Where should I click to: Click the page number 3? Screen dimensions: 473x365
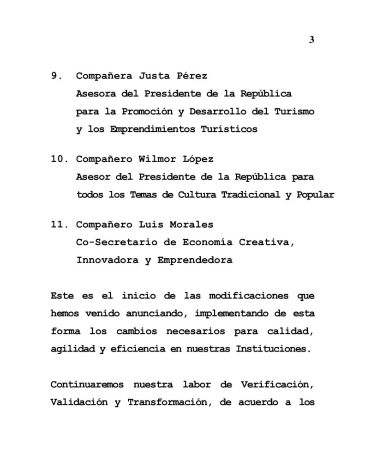311,40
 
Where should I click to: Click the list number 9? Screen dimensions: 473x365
56,76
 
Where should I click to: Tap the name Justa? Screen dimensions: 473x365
153,76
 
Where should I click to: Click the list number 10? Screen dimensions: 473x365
59,159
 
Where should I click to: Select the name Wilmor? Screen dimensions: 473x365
158,159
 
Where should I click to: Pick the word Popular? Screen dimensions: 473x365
316,194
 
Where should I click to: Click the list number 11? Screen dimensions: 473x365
59,224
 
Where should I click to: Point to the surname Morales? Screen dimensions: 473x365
193,224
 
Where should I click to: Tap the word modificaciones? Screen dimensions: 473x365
248,296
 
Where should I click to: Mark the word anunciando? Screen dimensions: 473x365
155,314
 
